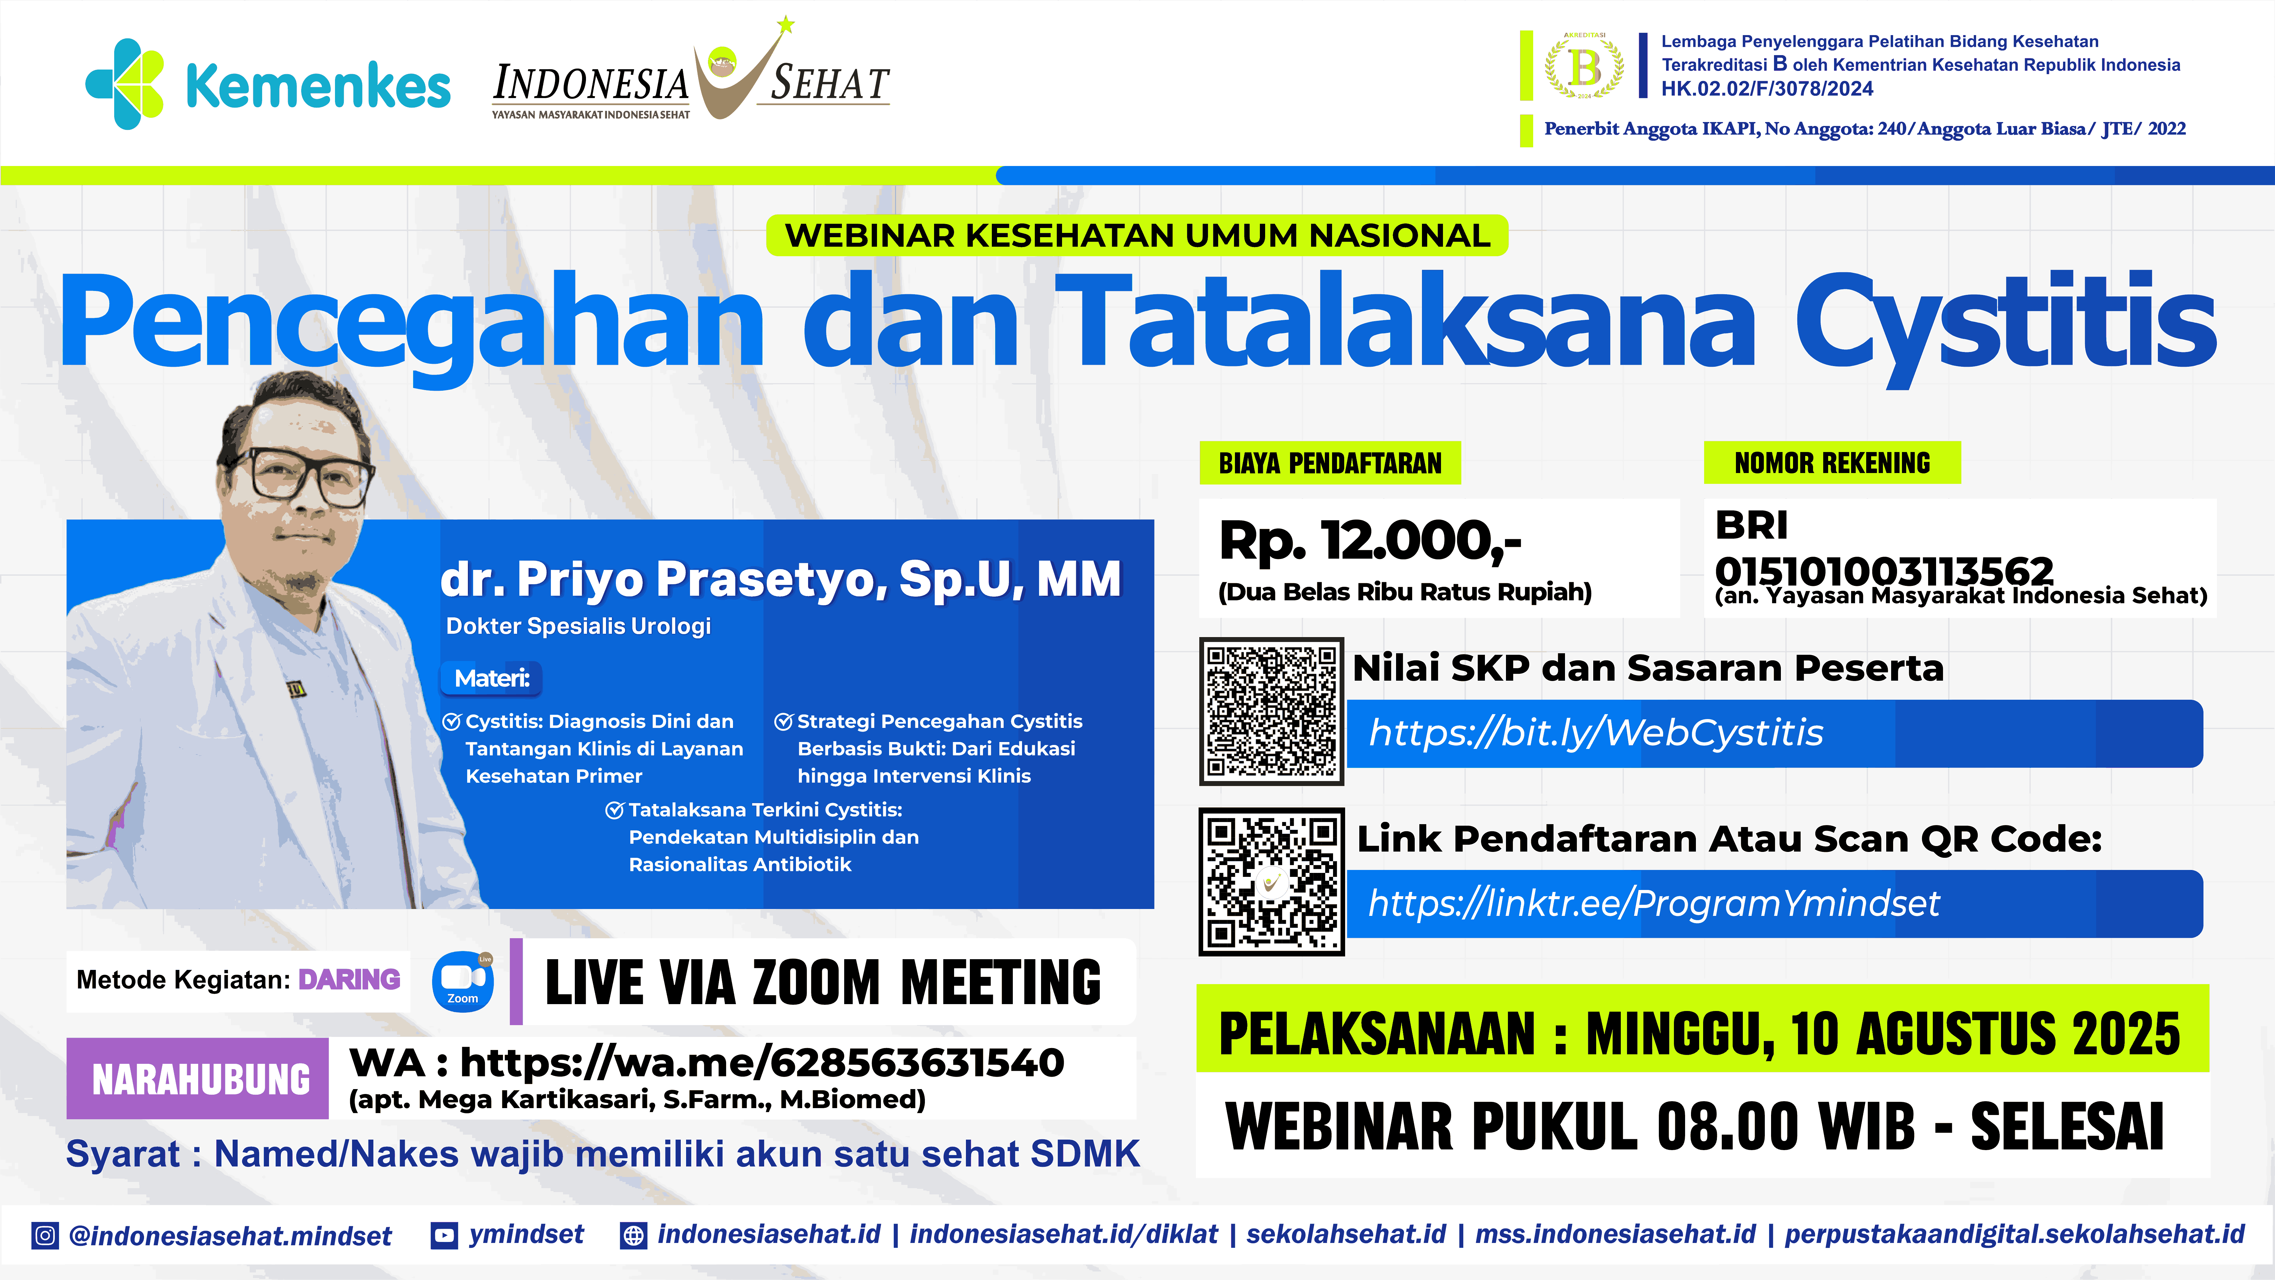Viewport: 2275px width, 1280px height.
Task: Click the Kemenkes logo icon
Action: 125,84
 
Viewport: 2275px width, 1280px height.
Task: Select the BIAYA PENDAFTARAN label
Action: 1330,463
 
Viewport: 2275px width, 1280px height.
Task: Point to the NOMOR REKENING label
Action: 1832,463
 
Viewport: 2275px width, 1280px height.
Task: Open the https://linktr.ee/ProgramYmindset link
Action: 1653,903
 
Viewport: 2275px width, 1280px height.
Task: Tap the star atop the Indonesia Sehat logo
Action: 785,25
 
